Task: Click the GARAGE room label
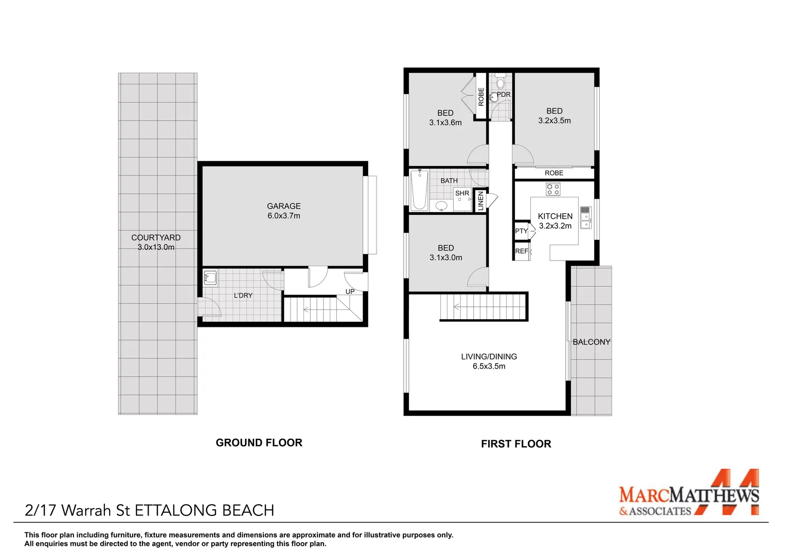[x=283, y=206]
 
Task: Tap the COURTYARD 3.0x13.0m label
[x=156, y=242]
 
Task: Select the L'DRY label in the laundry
[x=243, y=295]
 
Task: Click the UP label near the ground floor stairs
[x=350, y=291]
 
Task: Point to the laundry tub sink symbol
[x=210, y=278]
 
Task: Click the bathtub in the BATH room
[x=419, y=190]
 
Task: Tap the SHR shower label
[x=462, y=193]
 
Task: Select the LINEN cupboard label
[x=480, y=200]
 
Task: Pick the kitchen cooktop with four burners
[x=553, y=189]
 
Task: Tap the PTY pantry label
[x=521, y=231]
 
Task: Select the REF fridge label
[x=521, y=251]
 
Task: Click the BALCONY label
[x=591, y=342]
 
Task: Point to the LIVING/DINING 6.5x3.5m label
[x=489, y=361]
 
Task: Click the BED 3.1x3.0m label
[x=445, y=253]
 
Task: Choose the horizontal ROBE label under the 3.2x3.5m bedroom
[x=554, y=173]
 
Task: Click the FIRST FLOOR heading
[x=516, y=444]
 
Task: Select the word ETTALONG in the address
[x=176, y=510]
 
